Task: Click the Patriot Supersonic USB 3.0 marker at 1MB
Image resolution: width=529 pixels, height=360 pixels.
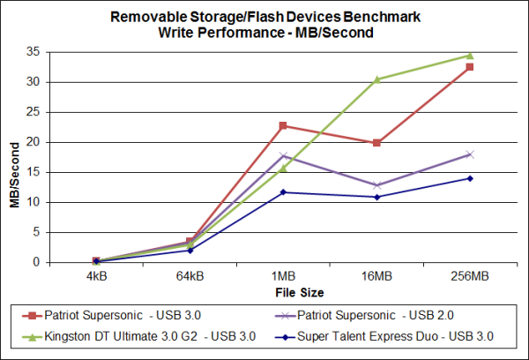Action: [x=283, y=125]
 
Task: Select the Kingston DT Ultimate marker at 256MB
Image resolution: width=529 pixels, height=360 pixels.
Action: [x=470, y=56]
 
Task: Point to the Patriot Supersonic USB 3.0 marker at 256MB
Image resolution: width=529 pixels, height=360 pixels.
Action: [x=470, y=67]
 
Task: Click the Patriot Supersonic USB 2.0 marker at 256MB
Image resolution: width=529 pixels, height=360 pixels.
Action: [x=470, y=154]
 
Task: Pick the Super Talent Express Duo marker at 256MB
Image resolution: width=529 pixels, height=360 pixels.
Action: [x=470, y=178]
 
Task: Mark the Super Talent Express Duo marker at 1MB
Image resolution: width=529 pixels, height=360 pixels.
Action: [x=283, y=192]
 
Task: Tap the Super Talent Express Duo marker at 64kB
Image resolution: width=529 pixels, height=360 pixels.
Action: [x=190, y=251]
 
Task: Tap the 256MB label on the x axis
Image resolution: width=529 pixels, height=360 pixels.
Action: [x=469, y=275]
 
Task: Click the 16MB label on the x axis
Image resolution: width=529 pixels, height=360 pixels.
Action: [x=376, y=275]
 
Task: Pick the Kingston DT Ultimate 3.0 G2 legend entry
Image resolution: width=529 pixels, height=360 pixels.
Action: [x=145, y=335]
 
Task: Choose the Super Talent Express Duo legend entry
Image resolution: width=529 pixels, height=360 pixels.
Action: [x=395, y=335]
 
